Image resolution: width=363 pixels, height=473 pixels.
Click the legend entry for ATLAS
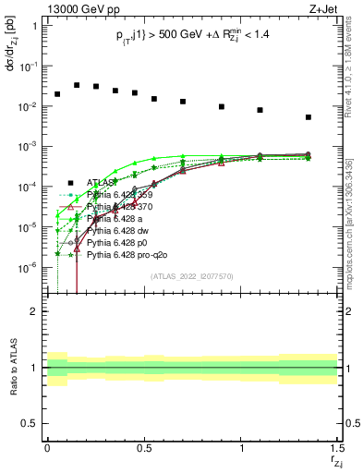tap(103, 182)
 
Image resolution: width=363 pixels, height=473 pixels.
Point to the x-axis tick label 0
tap(47, 455)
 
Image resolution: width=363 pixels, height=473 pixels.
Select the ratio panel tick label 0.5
tap(29, 424)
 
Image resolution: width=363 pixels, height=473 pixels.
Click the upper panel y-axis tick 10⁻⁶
tap(28, 267)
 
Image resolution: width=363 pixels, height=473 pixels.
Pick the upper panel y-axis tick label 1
tap(34, 26)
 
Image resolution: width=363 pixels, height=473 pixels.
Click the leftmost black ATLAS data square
tap(57, 94)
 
